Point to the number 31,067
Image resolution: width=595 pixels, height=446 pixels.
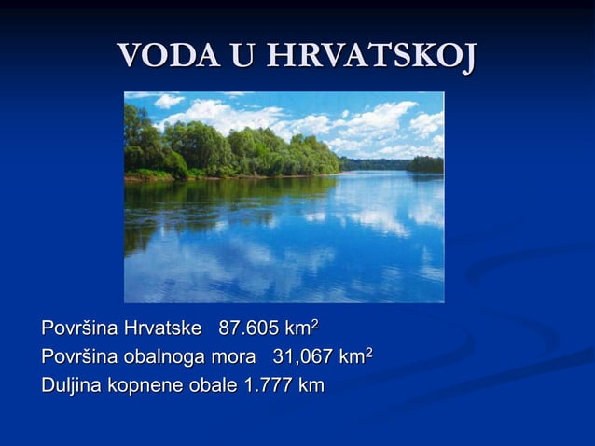(x=303, y=357)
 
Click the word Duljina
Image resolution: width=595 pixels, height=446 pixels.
(x=71, y=384)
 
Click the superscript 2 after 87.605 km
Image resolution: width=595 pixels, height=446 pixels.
(x=315, y=324)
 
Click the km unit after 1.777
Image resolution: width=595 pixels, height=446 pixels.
(x=311, y=384)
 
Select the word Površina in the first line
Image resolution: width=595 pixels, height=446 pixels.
(x=79, y=329)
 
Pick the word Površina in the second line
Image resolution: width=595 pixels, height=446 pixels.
(x=79, y=357)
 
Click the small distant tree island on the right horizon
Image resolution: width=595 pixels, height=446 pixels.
(x=424, y=164)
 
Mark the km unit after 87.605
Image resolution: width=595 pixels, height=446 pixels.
(x=297, y=329)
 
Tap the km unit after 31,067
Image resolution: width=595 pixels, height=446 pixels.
(x=352, y=357)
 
